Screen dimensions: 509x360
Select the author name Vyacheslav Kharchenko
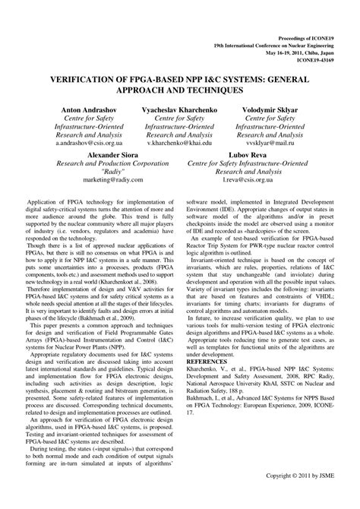(x=179, y=109)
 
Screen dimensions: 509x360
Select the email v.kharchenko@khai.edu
(x=179, y=142)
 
